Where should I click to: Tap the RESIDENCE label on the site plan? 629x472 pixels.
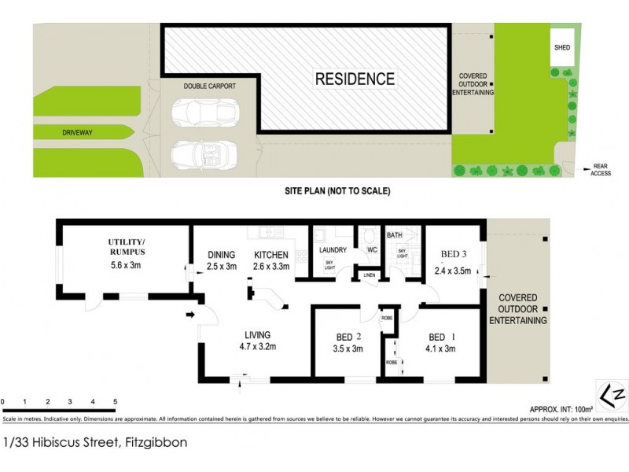click(x=355, y=79)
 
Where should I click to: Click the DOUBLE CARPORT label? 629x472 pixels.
click(x=210, y=86)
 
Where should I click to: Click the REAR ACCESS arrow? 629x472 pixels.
click(x=589, y=167)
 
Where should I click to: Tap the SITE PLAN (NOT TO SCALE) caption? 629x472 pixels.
click(x=337, y=191)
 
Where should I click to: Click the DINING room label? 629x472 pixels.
click(x=221, y=255)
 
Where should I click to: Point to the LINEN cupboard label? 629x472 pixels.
click(x=369, y=275)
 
